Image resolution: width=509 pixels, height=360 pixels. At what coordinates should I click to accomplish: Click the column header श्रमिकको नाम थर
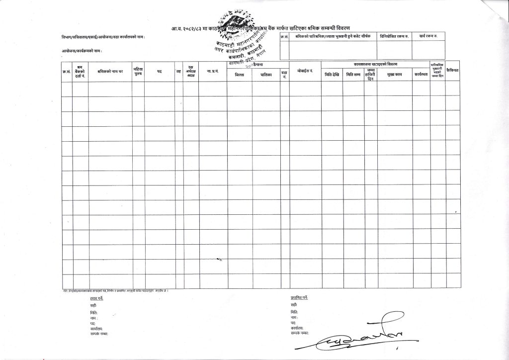pyautogui.click(x=110, y=72)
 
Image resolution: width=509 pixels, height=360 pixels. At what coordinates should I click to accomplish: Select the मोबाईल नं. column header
pyautogui.click(x=305, y=72)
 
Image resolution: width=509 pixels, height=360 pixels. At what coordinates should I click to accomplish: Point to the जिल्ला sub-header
pyautogui.click(x=239, y=74)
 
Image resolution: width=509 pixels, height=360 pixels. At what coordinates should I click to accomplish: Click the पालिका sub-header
pyautogui.click(x=265, y=74)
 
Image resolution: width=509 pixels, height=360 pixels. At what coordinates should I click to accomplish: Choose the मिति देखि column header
pyautogui.click(x=332, y=74)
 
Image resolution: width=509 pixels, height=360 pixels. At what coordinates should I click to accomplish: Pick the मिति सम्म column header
pyautogui.click(x=353, y=74)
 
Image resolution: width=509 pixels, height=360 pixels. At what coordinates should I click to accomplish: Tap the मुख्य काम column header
pyautogui.click(x=395, y=74)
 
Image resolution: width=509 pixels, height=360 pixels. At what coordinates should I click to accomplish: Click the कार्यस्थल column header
pyautogui.click(x=422, y=74)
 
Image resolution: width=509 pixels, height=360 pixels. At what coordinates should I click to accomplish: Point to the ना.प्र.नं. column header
pyautogui.click(x=213, y=72)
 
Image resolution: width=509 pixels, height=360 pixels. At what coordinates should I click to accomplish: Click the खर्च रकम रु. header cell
pyautogui.click(x=428, y=36)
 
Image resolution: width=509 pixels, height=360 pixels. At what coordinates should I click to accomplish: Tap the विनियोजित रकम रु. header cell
pyautogui.click(x=394, y=36)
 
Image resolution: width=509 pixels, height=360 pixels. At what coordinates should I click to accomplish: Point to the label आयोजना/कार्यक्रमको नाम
pyautogui.click(x=77, y=50)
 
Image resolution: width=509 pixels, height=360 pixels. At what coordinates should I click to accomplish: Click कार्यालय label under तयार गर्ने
pyautogui.click(x=96, y=329)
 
